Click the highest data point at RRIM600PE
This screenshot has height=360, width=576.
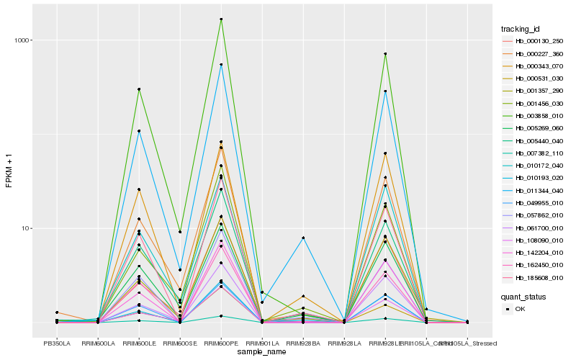(221, 19)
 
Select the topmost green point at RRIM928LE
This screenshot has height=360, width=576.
(385, 54)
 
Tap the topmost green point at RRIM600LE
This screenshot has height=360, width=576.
(139, 89)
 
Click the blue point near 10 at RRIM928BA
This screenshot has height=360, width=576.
(303, 238)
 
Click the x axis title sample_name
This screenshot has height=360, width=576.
(262, 352)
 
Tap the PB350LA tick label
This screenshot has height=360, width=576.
(57, 343)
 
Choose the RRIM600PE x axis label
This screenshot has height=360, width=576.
(221, 343)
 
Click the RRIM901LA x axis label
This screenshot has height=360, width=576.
(262, 343)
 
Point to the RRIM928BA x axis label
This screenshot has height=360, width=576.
(303, 343)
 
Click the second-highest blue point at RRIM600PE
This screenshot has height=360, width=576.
(221, 65)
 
